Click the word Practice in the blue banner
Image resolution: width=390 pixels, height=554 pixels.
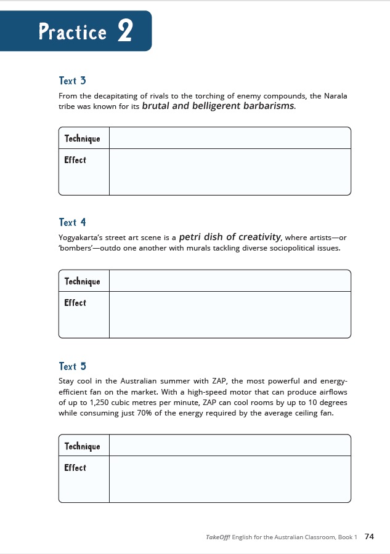(73, 31)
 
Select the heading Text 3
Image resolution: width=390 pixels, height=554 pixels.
(68, 81)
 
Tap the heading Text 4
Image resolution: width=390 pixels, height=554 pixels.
(68, 223)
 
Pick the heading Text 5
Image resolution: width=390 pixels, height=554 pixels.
(68, 366)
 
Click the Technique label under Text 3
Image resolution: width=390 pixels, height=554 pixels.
(82, 138)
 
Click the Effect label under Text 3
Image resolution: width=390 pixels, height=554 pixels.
(75, 160)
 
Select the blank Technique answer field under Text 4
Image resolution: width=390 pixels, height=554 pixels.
(229, 281)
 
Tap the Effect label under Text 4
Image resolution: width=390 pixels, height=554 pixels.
(75, 303)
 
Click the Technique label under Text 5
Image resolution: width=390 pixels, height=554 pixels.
(82, 446)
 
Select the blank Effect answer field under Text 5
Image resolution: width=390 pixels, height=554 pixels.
(229, 479)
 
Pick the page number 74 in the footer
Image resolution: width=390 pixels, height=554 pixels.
(370, 537)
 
